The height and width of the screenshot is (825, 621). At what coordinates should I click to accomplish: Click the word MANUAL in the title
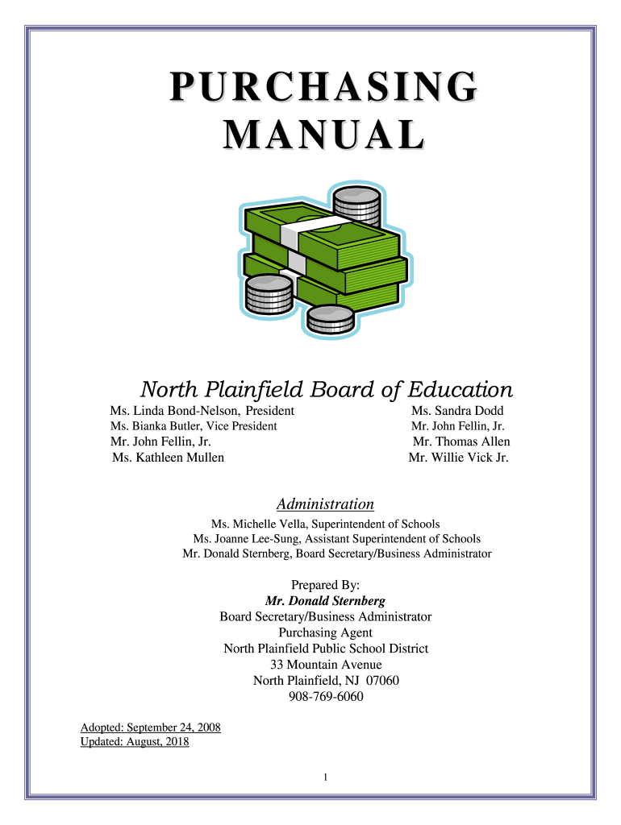[x=323, y=135]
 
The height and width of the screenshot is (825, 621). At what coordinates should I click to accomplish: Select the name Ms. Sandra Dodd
[x=457, y=411]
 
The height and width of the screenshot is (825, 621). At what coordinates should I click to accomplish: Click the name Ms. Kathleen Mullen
[x=169, y=458]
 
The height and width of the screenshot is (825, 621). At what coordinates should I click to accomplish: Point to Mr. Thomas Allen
[x=461, y=442]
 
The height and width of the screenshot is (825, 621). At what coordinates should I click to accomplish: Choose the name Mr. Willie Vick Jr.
[x=458, y=458]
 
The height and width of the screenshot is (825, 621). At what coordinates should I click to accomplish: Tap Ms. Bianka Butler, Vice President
[x=194, y=426]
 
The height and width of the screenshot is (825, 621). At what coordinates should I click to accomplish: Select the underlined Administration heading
[x=325, y=504]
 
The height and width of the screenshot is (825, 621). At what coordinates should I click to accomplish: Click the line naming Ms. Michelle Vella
[x=325, y=524]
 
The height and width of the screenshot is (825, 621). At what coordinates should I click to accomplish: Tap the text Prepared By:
[x=325, y=585]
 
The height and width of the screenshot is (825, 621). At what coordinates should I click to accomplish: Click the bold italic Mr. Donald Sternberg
[x=325, y=601]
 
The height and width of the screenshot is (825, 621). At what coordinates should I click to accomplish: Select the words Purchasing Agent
[x=325, y=632]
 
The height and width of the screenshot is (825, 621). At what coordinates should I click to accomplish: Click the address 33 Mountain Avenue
[x=326, y=665]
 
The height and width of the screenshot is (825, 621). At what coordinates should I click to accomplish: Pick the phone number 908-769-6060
[x=326, y=697]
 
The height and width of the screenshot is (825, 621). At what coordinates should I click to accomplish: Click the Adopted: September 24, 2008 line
[x=151, y=728]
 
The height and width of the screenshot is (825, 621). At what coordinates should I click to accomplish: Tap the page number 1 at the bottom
[x=324, y=777]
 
